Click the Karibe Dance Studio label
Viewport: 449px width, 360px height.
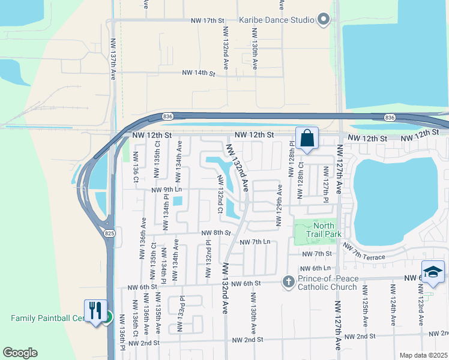point(277,20)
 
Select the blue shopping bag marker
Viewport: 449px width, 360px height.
point(307,139)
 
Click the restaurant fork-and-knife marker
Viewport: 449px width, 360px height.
point(95,311)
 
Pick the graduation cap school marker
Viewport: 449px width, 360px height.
point(433,272)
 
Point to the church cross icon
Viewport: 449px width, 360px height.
point(289,281)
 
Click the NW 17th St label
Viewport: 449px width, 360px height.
point(207,20)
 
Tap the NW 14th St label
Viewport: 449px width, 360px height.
point(199,73)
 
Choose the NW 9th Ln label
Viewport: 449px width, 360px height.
point(167,189)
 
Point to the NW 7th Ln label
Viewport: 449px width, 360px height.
point(255,242)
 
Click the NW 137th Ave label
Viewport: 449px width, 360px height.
point(113,60)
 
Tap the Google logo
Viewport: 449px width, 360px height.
point(20,353)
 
